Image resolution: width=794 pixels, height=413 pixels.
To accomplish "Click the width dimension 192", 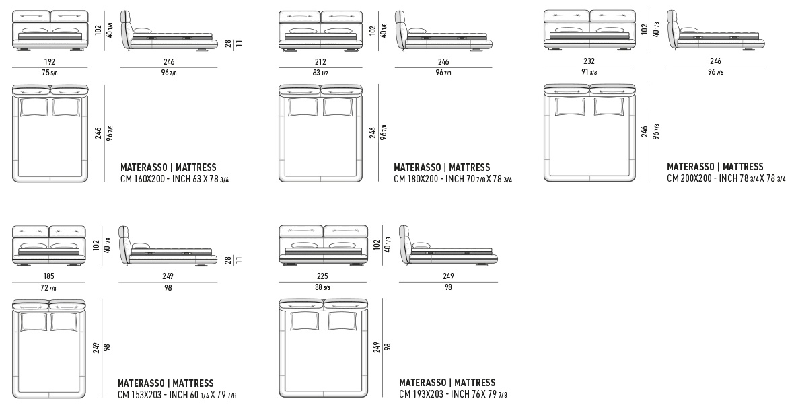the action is (x=50, y=62).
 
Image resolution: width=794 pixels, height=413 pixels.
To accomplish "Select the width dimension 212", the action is (x=320, y=62).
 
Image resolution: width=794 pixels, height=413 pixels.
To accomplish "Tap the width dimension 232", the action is (x=589, y=61).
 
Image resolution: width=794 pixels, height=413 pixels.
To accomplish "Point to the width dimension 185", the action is (x=49, y=276).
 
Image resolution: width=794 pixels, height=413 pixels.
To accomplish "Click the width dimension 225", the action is (x=322, y=276).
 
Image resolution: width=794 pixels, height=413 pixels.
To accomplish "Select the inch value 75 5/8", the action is (x=50, y=73).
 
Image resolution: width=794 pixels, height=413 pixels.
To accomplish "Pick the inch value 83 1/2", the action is (x=320, y=73).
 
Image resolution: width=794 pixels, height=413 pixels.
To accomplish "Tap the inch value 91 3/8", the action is (x=589, y=73).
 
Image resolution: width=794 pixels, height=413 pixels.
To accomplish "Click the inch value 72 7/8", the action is (x=49, y=288).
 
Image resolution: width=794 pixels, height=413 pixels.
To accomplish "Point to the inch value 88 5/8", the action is (x=322, y=288).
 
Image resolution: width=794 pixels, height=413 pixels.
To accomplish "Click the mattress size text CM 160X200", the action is (x=142, y=179).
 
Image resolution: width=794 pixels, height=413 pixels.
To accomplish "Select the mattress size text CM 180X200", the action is (x=416, y=179).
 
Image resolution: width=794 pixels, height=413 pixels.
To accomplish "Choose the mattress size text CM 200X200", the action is (x=689, y=179).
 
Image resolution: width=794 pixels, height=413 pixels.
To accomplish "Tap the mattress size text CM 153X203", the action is (x=140, y=395).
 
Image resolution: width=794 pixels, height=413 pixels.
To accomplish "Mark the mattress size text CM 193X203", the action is (x=421, y=394).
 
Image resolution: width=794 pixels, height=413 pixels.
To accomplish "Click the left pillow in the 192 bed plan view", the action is (x=34, y=108).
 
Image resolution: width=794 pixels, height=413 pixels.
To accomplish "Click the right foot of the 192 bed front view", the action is (x=76, y=50).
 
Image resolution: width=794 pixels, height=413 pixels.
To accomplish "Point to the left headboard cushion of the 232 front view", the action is (x=567, y=15).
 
